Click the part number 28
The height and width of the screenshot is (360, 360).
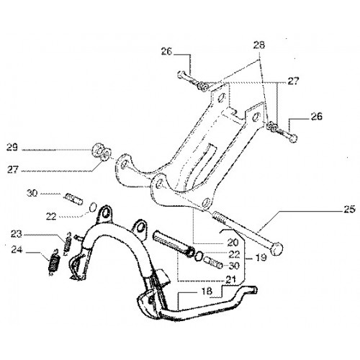coord(258,45)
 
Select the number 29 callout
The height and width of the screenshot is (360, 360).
coord(12,147)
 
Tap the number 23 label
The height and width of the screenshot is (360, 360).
coord(17,233)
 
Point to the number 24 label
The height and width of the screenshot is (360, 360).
coord(17,250)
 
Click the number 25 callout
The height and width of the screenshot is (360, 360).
coord(349,210)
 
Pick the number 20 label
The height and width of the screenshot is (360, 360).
coord(233,243)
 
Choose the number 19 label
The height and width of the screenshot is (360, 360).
coord(261,258)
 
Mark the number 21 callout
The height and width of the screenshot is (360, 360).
coord(230,279)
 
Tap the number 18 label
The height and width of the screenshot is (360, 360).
coord(207,291)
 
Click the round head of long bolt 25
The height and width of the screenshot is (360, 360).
coord(276,248)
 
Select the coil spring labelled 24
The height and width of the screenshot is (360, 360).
coord(54,263)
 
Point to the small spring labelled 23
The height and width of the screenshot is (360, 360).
coord(68,243)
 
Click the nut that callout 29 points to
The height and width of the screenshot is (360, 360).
coord(97,150)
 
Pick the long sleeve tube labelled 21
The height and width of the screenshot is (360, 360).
coord(173,243)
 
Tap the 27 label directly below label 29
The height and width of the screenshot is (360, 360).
coord(13,170)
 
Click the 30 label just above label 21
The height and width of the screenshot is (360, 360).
coord(234,266)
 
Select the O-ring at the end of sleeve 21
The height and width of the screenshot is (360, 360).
coord(199,256)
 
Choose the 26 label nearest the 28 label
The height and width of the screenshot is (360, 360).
coord(166,51)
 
